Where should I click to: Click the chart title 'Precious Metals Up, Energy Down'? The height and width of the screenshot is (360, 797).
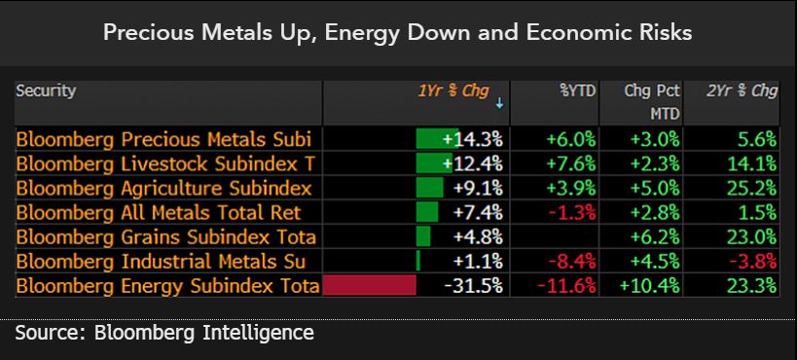click(398, 33)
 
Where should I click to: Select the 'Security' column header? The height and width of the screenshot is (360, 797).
click(46, 90)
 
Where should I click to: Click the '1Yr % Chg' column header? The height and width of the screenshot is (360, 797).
click(453, 91)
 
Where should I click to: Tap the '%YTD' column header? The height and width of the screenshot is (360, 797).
click(577, 91)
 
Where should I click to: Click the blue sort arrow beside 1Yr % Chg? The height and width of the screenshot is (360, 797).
click(499, 102)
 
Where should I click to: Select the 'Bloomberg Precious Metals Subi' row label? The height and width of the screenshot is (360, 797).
click(166, 138)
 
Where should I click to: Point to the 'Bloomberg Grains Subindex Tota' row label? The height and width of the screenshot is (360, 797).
click(166, 236)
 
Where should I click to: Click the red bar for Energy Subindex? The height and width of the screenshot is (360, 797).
click(369, 285)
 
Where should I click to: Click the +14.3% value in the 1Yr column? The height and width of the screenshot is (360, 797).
click(472, 138)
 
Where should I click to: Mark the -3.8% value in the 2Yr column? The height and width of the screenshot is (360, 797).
click(752, 261)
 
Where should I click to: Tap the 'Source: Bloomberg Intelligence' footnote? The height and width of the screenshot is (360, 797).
click(164, 334)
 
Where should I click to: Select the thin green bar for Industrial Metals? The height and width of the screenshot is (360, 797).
click(417, 261)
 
